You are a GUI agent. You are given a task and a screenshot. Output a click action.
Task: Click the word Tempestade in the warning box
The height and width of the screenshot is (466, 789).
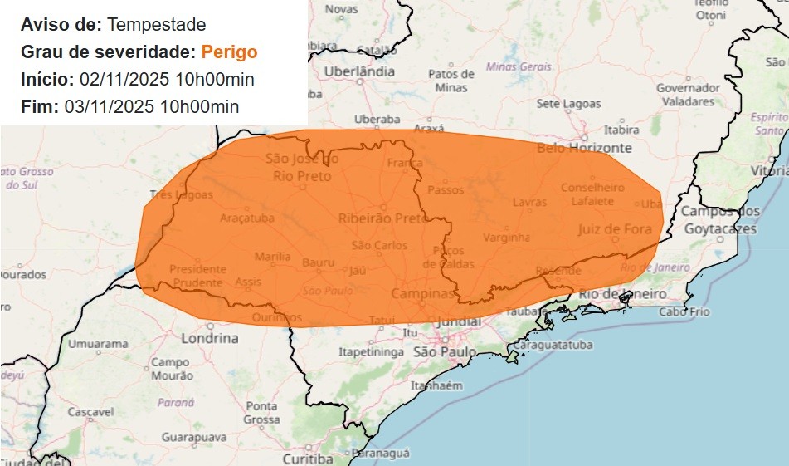tap(157, 25)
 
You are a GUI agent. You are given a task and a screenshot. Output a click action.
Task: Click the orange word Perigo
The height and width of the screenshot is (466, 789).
tap(229, 52)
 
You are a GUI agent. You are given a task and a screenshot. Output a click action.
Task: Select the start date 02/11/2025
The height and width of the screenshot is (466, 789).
tap(121, 80)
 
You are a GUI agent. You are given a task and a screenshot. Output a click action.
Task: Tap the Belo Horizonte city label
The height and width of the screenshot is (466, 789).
tap(584, 149)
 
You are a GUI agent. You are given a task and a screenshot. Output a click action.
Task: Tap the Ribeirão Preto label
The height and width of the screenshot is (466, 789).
tap(382, 218)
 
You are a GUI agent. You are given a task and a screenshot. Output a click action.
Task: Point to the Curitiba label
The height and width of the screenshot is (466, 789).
tap(307, 459)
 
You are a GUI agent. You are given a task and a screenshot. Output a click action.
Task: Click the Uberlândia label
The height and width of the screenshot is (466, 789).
tap(359, 72)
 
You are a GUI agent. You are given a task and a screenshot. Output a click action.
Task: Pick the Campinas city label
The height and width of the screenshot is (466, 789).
tap(423, 294)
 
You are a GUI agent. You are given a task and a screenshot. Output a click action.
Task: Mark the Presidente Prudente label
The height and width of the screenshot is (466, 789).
tap(197, 276)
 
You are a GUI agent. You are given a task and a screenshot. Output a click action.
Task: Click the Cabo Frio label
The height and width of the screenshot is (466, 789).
tap(684, 311)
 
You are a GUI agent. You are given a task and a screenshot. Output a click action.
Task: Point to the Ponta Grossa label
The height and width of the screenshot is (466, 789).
tap(261, 413)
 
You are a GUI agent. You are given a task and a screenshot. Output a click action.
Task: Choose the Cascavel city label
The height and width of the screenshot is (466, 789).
tap(90, 412)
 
